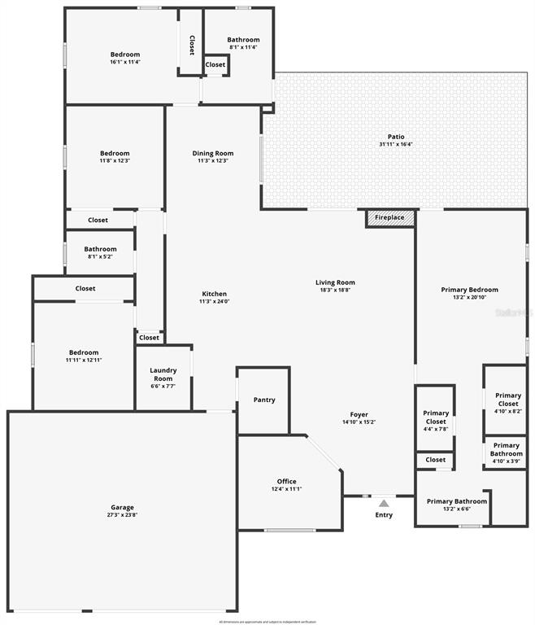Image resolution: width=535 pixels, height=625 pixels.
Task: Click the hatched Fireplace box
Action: pyautogui.click(x=390, y=218)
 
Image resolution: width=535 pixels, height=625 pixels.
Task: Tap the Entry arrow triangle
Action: pyautogui.click(x=384, y=504)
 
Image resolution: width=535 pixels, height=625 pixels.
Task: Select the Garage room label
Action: pyautogui.click(x=123, y=507)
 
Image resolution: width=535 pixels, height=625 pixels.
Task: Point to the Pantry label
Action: pyautogui.click(x=264, y=400)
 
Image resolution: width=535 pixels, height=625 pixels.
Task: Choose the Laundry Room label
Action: pyautogui.click(x=163, y=374)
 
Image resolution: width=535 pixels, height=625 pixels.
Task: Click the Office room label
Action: pyautogui.click(x=286, y=481)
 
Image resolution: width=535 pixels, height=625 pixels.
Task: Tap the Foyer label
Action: pyautogui.click(x=359, y=414)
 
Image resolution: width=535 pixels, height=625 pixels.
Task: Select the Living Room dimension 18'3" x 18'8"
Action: pyautogui.click(x=336, y=291)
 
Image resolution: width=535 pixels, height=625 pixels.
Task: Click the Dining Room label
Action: pyautogui.click(x=213, y=153)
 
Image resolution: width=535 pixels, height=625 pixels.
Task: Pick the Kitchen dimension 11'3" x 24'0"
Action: pyautogui.click(x=215, y=302)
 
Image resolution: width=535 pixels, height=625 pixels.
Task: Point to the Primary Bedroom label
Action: pyautogui.click(x=470, y=290)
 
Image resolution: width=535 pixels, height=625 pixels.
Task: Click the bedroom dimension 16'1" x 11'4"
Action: pyautogui.click(x=125, y=62)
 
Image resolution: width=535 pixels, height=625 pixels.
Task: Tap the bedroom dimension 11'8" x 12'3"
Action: pyautogui.click(x=115, y=161)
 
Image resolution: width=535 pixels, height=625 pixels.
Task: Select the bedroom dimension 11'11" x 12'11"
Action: pyautogui.click(x=84, y=360)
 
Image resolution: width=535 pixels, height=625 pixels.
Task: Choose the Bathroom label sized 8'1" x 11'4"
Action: pyautogui.click(x=243, y=40)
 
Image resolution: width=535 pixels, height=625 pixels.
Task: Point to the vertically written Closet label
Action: pyautogui.click(x=192, y=46)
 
